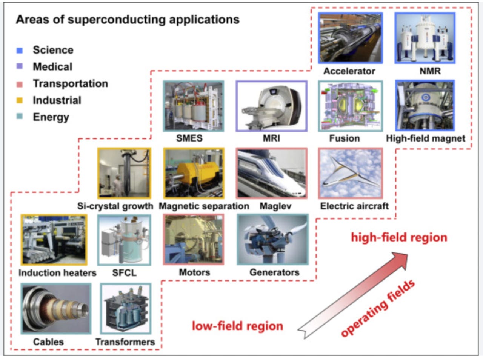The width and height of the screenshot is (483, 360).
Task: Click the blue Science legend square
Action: pyautogui.click(x=20, y=51)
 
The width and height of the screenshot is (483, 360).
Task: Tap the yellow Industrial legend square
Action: pyautogui.click(x=20, y=100)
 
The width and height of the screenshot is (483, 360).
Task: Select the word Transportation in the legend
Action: pyautogui.click(x=71, y=83)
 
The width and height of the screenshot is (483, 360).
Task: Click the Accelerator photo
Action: pyautogui.click(x=350, y=38)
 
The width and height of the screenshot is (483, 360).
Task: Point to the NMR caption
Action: pyautogui.click(x=430, y=71)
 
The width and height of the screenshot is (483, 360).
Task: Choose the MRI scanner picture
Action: pyautogui.click(x=272, y=106)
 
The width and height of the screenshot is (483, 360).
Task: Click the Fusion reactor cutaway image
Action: pyautogui.click(x=350, y=106)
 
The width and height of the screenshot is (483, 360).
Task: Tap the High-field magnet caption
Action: pyautogui.click(x=426, y=138)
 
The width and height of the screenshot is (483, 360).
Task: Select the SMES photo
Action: pyautogui.click(x=194, y=106)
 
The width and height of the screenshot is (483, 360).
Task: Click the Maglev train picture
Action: pyautogui.click(x=272, y=173)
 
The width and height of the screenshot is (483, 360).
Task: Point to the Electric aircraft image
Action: pyautogui.click(x=350, y=173)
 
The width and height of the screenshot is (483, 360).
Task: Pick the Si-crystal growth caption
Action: pyautogui.click(x=115, y=206)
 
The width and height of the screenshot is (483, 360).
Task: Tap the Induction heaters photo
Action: pyautogui.click(x=54, y=240)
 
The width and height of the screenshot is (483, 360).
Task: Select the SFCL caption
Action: pyautogui.click(x=124, y=272)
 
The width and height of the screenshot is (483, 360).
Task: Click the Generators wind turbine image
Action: pyautogui.click(x=273, y=240)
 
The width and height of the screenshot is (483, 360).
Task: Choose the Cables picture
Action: pyautogui.click(x=56, y=309)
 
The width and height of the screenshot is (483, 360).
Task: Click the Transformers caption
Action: pyautogui.click(x=125, y=342)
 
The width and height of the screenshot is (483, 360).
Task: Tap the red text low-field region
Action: pyautogui.click(x=237, y=326)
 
